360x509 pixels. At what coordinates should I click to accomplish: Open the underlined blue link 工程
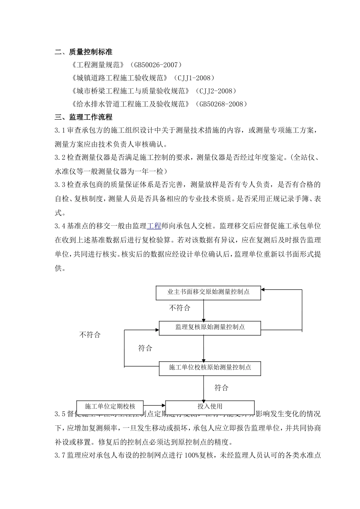point(154,226)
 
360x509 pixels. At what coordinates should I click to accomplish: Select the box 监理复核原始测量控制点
point(210,327)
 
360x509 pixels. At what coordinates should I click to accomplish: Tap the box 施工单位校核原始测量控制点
point(210,367)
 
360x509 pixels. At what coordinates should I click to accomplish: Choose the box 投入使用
point(210,407)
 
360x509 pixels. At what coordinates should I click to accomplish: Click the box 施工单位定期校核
point(110,407)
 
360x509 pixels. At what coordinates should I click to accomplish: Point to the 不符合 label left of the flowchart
point(90,335)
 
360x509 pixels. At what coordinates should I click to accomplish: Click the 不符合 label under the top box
point(180,308)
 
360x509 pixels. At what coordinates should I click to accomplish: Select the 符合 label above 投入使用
point(221,388)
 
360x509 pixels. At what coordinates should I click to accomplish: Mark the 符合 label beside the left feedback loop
point(145,348)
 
